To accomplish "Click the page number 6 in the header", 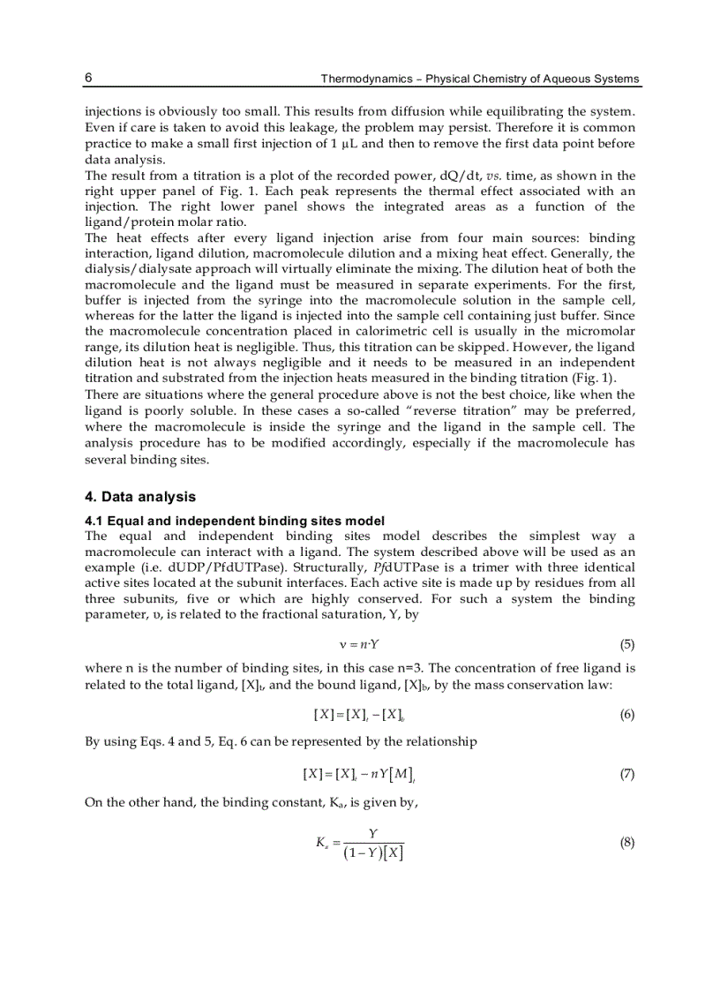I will tap(89, 78).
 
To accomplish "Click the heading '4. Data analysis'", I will tap(140, 497).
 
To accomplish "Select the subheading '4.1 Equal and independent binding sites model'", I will tap(235, 521).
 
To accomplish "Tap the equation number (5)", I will tap(626, 644).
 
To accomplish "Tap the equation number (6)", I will tap(626, 715).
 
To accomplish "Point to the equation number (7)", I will tap(626, 774).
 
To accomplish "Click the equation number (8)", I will tap(626, 843).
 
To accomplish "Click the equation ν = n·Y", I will tap(359, 645).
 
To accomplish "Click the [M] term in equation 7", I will tap(401, 775).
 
